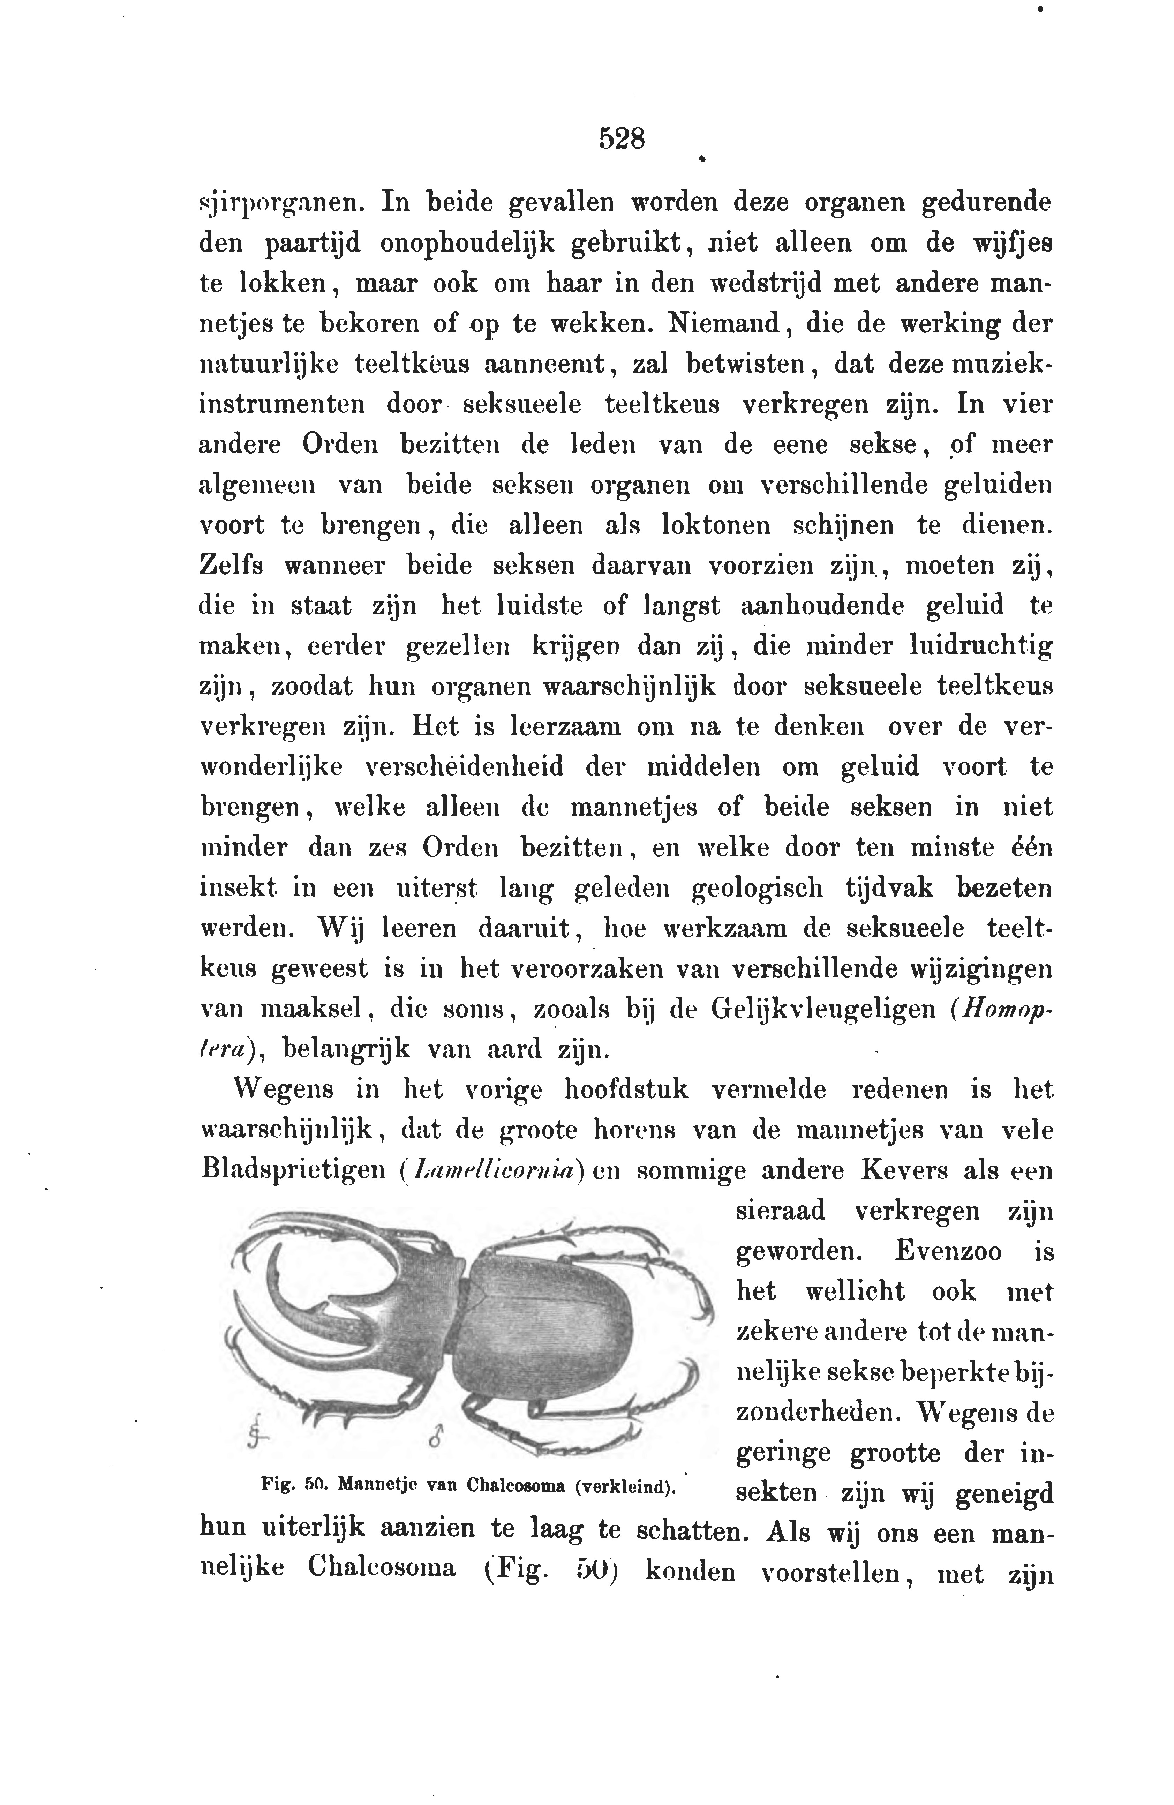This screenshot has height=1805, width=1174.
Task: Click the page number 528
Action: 621,139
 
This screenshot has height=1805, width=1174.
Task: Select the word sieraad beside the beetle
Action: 780,1211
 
